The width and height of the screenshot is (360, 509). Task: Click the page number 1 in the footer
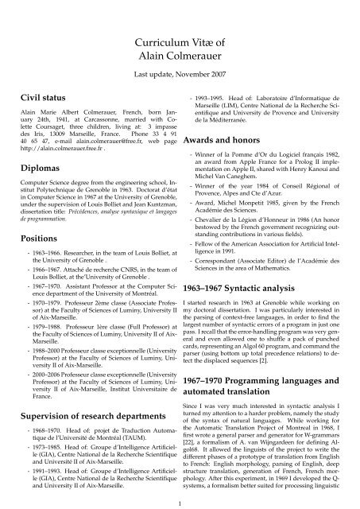point(180,503)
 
